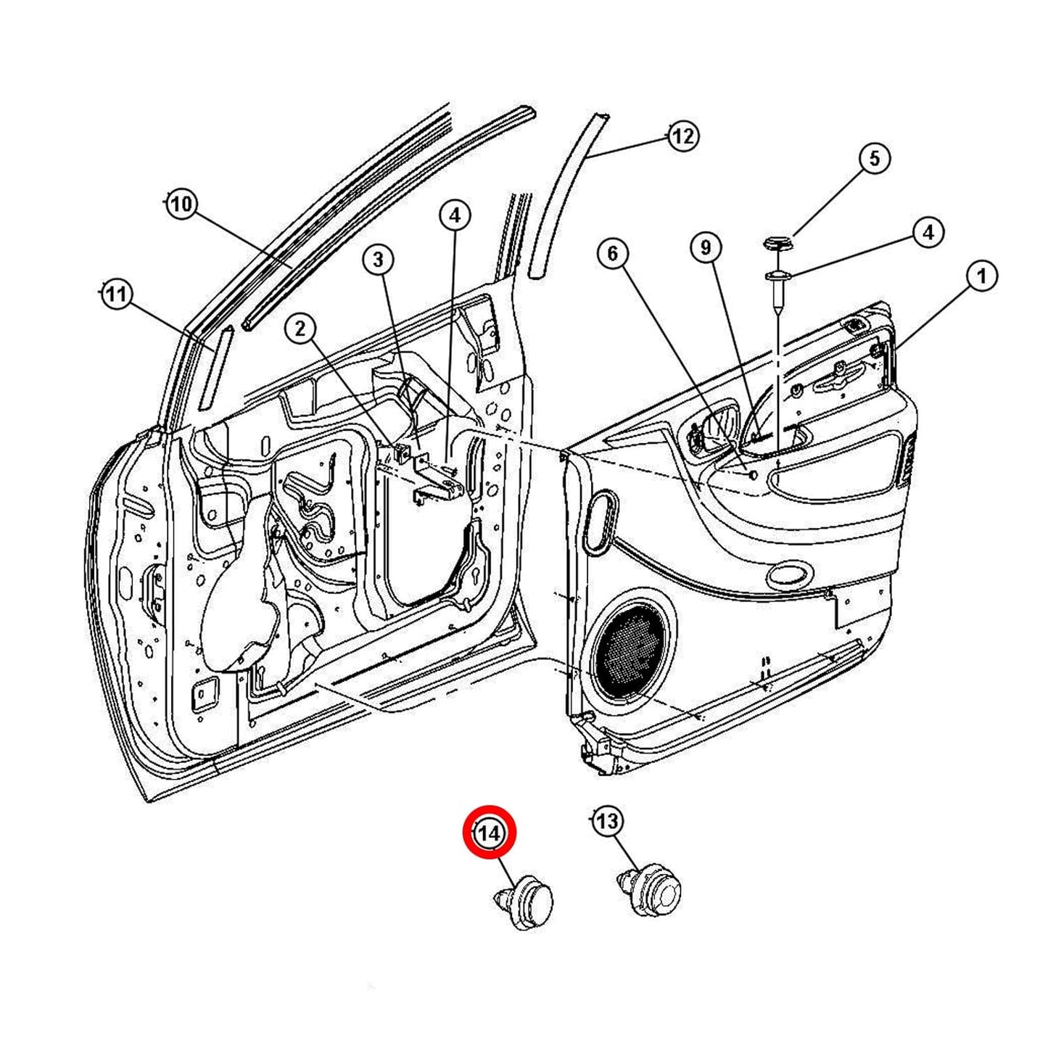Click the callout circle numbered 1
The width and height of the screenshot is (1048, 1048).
coord(982,276)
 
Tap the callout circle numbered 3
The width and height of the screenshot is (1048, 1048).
coord(378,259)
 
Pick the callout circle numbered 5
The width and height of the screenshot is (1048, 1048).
coord(874,158)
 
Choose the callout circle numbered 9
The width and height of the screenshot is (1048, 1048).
coord(706,247)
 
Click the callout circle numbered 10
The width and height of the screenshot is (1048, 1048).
coord(181,205)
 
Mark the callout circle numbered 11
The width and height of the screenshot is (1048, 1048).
coord(116,294)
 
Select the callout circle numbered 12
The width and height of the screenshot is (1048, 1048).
coord(682,136)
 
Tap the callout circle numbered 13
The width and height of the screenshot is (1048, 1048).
coord(607,821)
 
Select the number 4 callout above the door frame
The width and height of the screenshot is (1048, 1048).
coord(454,215)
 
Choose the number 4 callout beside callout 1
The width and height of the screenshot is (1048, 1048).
coord(928,233)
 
